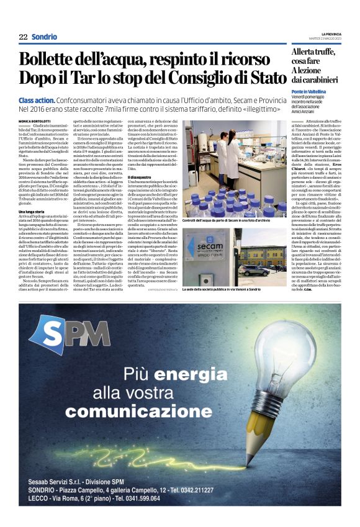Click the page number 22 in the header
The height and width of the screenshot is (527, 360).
click(23, 37)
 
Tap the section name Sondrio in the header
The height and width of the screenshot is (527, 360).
click(44, 37)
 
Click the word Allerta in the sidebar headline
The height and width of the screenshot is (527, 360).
click(308, 52)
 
